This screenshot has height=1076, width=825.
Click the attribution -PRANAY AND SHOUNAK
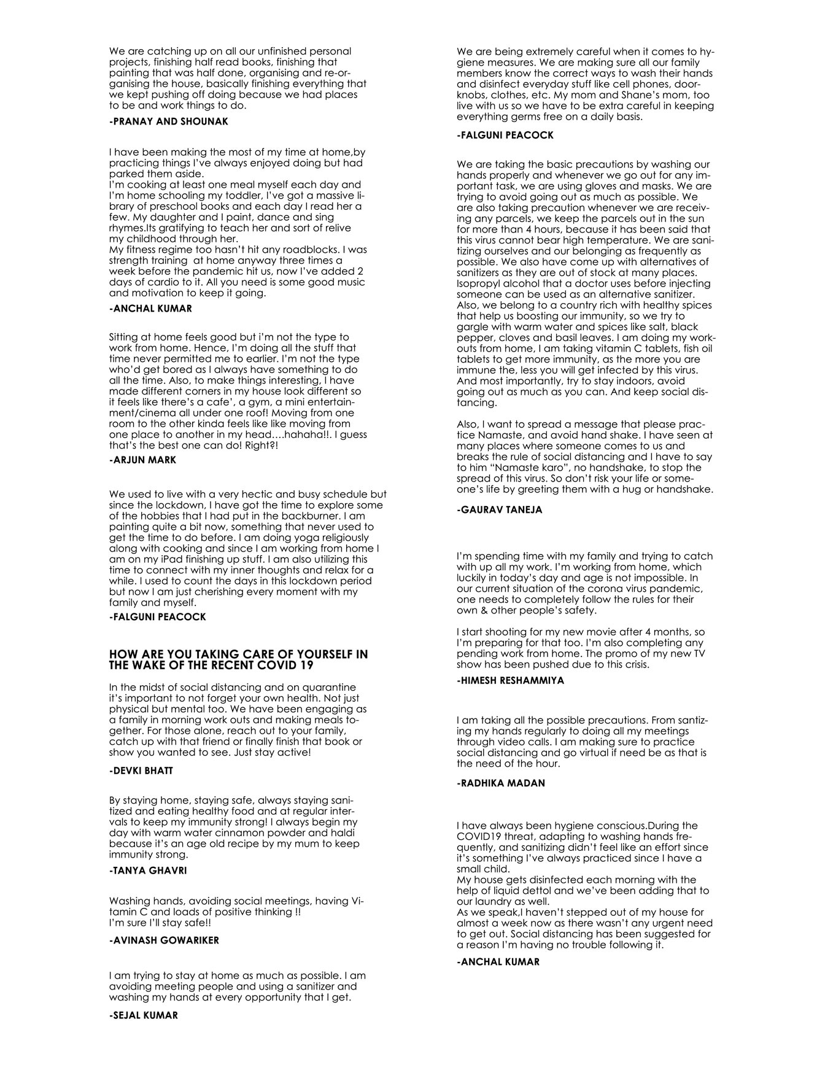[168, 121]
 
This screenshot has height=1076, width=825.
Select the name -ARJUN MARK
[142, 460]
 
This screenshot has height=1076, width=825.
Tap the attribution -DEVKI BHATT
[141, 770]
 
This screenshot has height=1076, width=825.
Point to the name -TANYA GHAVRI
[148, 870]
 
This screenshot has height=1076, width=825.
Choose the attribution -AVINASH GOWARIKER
[164, 940]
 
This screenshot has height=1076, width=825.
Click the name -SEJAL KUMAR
[143, 1015]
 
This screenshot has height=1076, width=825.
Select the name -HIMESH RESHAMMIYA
[510, 680]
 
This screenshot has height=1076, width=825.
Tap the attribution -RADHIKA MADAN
[501, 783]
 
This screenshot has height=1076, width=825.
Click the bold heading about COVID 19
[238, 659]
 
